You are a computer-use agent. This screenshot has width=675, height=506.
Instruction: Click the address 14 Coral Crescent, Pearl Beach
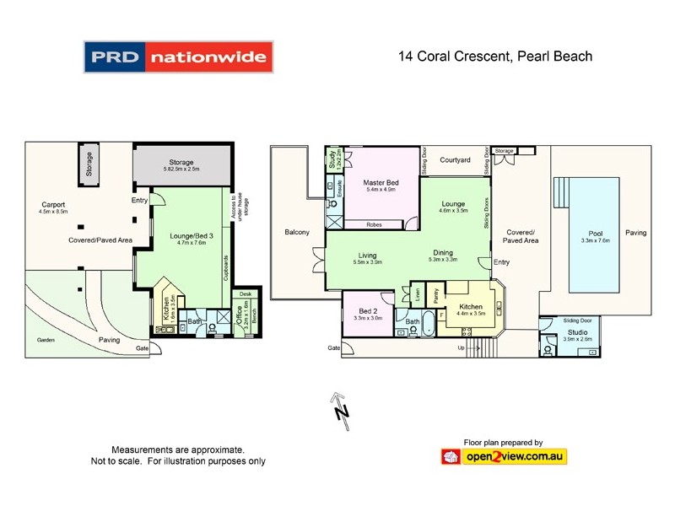coord(495,57)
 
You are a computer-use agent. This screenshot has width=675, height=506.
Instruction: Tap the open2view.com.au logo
coord(504,456)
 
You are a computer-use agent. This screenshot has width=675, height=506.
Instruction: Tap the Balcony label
coord(297,232)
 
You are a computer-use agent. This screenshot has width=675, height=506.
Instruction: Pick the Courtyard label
coord(455,159)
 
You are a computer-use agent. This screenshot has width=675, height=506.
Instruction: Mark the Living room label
coord(366,256)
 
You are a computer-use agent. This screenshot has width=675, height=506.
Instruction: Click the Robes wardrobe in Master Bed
coord(374,225)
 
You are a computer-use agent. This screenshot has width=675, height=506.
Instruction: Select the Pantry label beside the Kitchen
coord(435,296)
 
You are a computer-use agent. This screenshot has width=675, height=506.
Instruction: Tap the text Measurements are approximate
coord(178,449)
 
